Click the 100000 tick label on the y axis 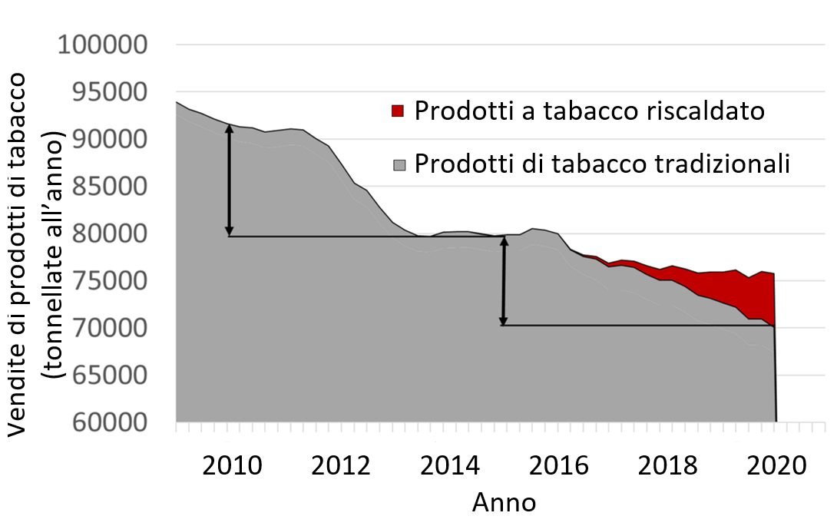pyautogui.click(x=103, y=45)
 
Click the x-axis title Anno pyautogui.click(x=504, y=503)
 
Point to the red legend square pyautogui.click(x=397, y=111)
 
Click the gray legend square pyautogui.click(x=397, y=164)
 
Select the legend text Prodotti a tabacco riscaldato pyautogui.click(x=590, y=111)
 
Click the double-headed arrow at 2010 pyautogui.click(x=229, y=180)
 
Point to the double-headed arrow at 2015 pyautogui.click(x=504, y=280)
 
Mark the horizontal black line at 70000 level pyautogui.click(x=637, y=326)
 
